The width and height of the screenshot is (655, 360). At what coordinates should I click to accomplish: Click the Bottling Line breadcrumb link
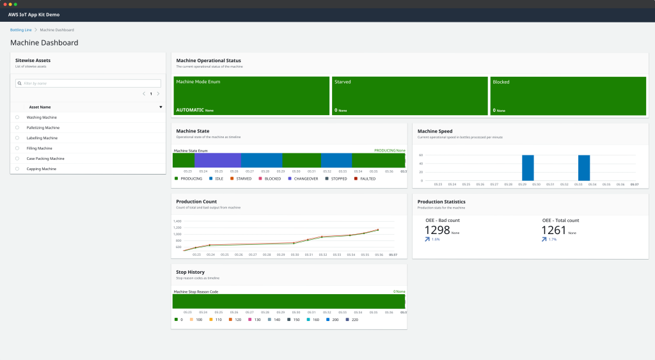click(x=20, y=30)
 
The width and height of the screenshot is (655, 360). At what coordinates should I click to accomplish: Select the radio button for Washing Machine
click(x=17, y=118)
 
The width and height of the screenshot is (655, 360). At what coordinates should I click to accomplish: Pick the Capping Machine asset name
click(x=41, y=169)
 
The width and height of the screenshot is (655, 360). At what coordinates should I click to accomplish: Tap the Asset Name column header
click(x=40, y=107)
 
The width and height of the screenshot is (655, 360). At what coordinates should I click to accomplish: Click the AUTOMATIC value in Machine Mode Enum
click(x=190, y=110)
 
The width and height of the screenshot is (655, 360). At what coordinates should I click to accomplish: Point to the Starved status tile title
click(x=342, y=82)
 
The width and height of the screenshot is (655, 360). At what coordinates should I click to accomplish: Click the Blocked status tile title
click(x=501, y=82)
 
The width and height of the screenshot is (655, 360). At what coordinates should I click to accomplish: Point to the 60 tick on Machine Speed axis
click(x=421, y=155)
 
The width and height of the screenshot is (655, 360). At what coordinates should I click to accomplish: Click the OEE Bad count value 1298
click(x=438, y=230)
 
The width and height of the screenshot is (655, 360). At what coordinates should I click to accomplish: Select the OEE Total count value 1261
click(x=554, y=230)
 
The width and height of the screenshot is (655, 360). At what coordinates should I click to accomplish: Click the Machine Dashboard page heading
click(x=44, y=43)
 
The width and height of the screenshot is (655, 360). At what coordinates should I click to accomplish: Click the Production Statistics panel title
click(x=441, y=201)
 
